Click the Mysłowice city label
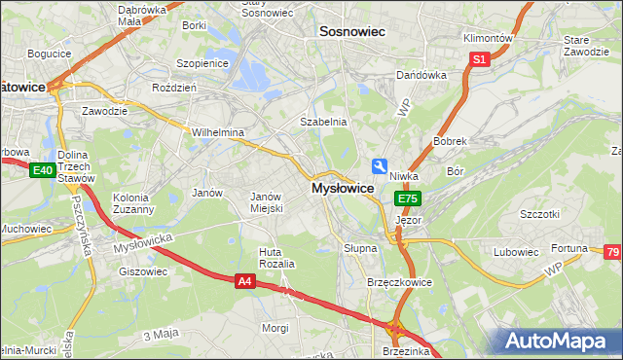coord(342,188)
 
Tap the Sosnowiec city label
coord(352,32)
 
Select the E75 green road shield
coord(407,198)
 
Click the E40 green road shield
coord(41,171)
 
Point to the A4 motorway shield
coord(246,281)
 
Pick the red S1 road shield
coord(478,60)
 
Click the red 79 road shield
coord(612,253)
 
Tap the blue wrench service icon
coord(380,166)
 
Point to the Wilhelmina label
coord(217,132)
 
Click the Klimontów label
coord(488,38)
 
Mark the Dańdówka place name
coord(421,75)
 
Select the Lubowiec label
coord(516,252)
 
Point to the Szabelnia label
coord(323,123)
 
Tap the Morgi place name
coord(275,328)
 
